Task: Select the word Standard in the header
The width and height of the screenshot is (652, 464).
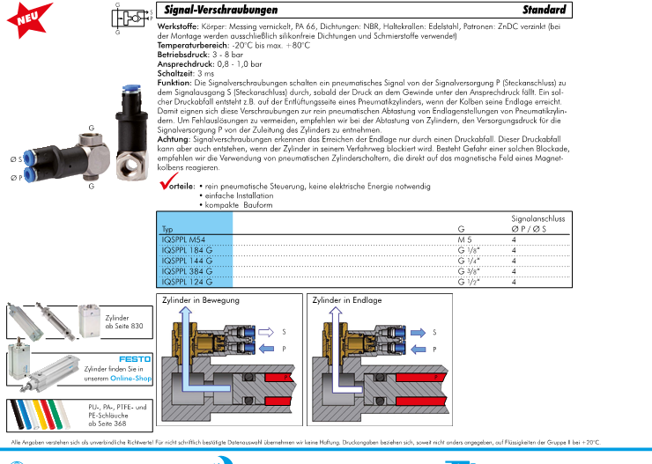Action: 543,11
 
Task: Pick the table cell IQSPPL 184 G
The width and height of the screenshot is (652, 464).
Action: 187,250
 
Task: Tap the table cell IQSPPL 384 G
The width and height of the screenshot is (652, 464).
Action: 187,271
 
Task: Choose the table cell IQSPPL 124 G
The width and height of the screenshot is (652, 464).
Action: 187,282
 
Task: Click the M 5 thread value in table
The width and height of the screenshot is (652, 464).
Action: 466,239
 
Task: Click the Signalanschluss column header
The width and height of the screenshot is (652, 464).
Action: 537,217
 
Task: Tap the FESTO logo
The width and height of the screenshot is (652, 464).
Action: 135,358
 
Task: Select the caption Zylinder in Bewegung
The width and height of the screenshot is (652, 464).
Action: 200,300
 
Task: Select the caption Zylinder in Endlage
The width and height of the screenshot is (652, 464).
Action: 347,300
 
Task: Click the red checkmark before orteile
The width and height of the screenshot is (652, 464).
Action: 168,184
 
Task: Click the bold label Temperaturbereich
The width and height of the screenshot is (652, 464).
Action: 193,45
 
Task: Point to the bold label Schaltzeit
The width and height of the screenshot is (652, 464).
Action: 176,74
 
